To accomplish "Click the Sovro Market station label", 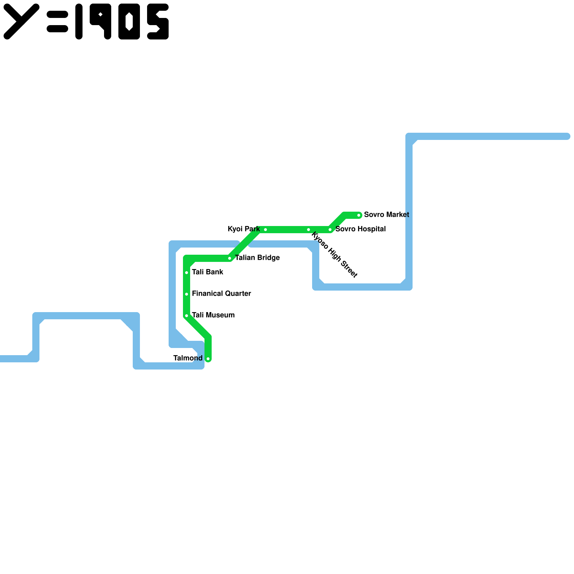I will [x=386, y=215].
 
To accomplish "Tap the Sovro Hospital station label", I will [x=361, y=229].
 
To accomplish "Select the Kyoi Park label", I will [x=244, y=229].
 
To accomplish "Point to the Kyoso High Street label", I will [x=334, y=255].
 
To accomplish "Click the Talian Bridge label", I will [x=257, y=258].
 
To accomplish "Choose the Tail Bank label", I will [x=207, y=272].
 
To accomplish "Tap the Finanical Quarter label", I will [x=221, y=293].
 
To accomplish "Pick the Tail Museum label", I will [x=213, y=315].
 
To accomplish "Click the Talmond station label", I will [x=188, y=358].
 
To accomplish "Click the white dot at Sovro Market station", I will [x=359, y=215].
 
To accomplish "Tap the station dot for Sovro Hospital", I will [x=330, y=230].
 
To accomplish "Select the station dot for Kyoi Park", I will [x=265, y=230].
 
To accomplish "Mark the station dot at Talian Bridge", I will [x=230, y=258].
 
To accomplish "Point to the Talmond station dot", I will [x=208, y=359].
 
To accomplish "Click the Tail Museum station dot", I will [x=187, y=316].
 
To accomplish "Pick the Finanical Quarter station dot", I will [x=187, y=294].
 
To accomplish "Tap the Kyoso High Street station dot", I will [x=309, y=230].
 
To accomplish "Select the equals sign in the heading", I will [x=57, y=22].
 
